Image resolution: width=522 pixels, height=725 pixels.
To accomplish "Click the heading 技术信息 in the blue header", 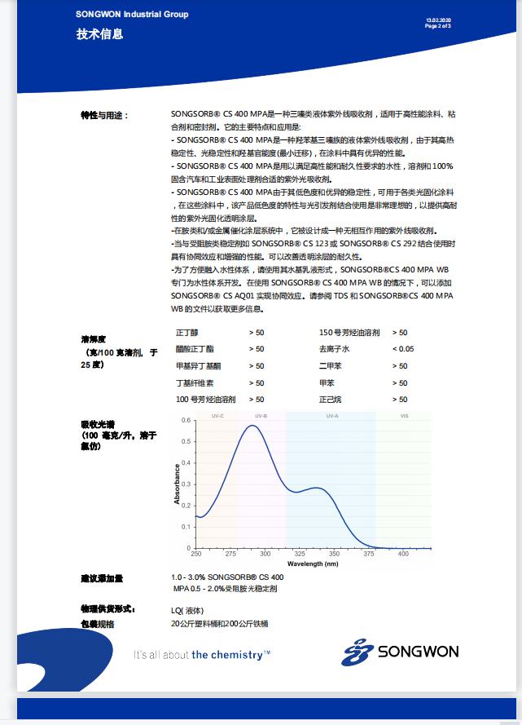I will tap(99, 33).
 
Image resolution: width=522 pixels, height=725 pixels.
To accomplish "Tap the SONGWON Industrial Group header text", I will tap(132, 14).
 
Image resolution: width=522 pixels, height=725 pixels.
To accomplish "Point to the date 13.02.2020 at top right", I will tap(438, 20).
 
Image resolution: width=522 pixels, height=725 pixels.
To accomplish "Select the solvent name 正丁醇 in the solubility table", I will tap(187, 333).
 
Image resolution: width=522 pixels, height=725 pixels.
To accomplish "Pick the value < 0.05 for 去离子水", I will tap(403, 349).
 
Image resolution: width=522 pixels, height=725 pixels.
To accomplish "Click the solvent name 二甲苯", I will tap(330, 366).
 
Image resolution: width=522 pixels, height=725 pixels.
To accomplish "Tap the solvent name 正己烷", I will tap(330, 400).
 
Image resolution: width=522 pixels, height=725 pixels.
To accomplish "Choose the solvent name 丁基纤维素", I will tap(196, 383).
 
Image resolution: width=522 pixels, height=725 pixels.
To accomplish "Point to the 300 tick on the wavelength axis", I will tap(265, 554).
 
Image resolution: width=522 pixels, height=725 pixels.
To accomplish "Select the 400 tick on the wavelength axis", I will tap(403, 554).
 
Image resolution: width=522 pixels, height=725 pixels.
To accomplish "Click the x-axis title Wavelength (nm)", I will tap(314, 564).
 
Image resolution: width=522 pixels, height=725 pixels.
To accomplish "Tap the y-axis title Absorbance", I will tap(178, 484).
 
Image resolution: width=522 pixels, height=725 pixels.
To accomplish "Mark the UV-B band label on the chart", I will tap(261, 417).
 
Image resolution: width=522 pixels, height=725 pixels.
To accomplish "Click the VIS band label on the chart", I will tap(404, 417).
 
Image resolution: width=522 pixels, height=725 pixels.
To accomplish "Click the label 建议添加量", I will tap(102, 578).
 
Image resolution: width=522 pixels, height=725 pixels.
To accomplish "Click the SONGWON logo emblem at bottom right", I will tap(357, 652).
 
